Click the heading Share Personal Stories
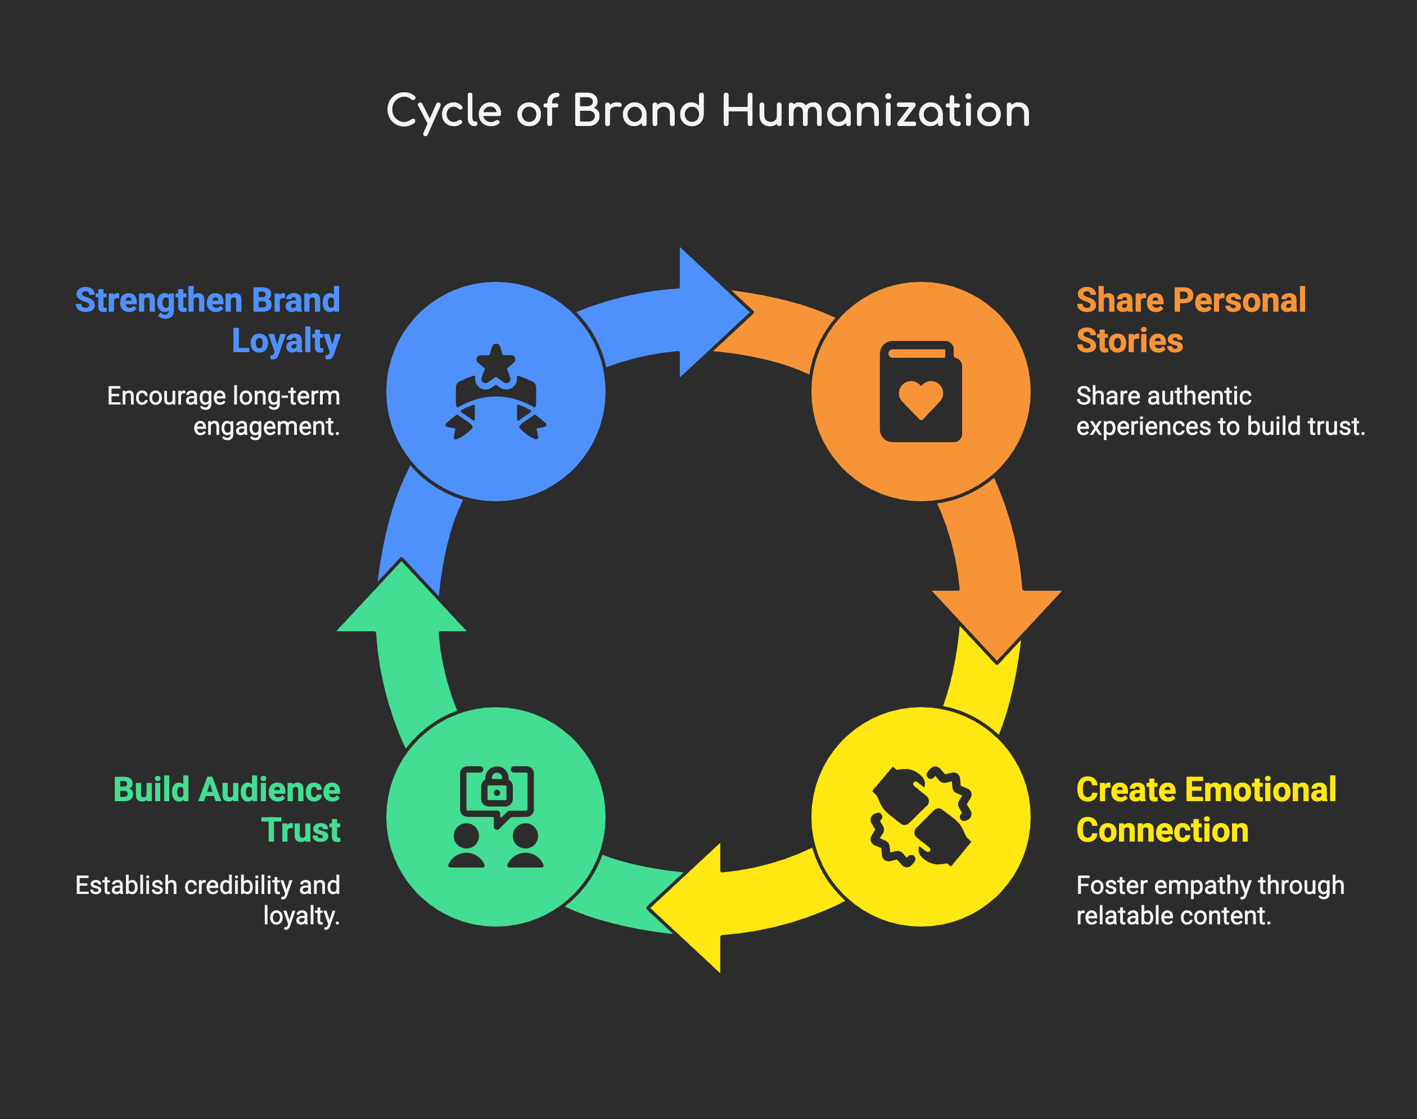click(x=1190, y=320)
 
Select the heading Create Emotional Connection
click(x=1206, y=809)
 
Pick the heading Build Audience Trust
click(x=227, y=809)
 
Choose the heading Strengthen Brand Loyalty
click(x=208, y=320)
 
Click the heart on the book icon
click(x=920, y=399)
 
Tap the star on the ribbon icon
click(x=496, y=363)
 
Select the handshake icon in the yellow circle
click(x=920, y=817)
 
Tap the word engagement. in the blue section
click(x=267, y=427)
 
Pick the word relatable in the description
click(x=1113, y=916)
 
